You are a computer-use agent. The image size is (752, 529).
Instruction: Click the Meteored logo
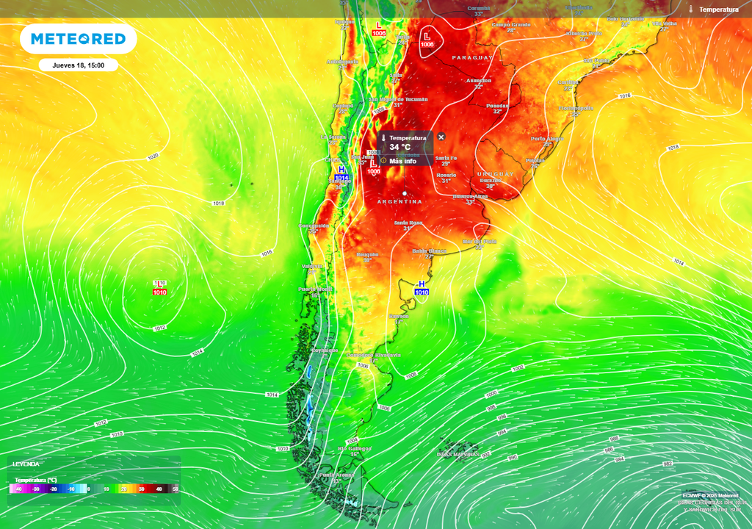(x=78, y=39)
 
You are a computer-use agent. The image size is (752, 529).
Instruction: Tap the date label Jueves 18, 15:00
(x=78, y=65)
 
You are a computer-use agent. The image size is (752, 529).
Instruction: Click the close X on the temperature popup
(x=441, y=137)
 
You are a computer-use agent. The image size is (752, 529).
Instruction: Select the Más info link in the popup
(x=402, y=161)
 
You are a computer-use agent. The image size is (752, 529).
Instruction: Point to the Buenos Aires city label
(x=471, y=197)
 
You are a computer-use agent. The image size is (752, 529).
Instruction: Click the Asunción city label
(x=479, y=80)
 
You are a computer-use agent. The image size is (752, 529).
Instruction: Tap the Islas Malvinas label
(x=458, y=454)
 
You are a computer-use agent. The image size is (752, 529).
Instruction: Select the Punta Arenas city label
(x=336, y=475)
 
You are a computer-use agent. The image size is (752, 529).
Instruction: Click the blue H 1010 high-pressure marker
(x=422, y=287)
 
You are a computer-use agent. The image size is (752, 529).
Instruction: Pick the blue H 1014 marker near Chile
(x=341, y=173)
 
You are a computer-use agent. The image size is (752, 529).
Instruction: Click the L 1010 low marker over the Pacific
(x=159, y=288)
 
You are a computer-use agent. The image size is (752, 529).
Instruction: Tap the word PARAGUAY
(x=470, y=57)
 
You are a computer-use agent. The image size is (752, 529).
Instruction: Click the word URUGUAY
(x=495, y=174)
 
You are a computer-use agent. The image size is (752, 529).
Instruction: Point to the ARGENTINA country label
(x=399, y=201)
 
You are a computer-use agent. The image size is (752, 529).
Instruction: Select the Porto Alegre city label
(x=548, y=139)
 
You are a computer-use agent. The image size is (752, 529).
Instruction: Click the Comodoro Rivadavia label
(x=373, y=355)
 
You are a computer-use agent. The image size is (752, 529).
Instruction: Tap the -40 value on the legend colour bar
(x=18, y=489)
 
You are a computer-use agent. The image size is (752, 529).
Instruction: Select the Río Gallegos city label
(x=354, y=448)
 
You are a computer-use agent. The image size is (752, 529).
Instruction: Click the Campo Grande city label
(x=511, y=24)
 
